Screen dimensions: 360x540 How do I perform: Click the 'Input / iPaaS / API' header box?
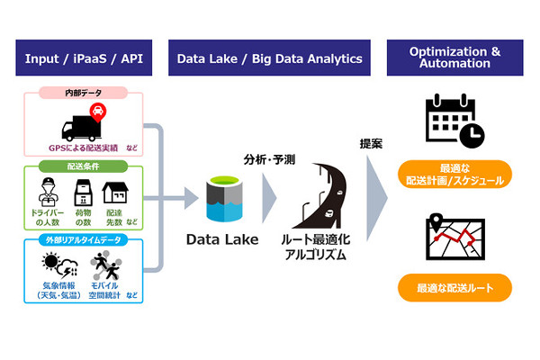tap(85, 58)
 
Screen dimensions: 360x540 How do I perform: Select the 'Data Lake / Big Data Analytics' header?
tap(269, 58)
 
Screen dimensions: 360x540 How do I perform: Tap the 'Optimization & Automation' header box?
tap(455, 58)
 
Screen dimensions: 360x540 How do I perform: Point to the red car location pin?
tap(96, 112)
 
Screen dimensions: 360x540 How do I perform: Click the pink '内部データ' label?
tap(84, 94)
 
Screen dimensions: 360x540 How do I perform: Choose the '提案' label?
tap(371, 143)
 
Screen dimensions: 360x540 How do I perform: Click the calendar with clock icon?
tap(454, 121)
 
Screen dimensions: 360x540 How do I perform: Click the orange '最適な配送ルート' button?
tap(454, 289)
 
